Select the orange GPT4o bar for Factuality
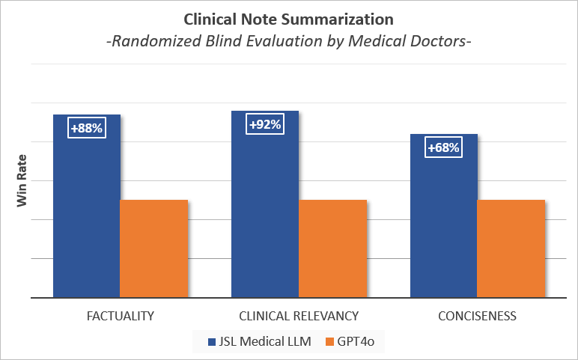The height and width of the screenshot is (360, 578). pos(153,248)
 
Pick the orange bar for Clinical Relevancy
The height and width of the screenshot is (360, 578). pos(332,248)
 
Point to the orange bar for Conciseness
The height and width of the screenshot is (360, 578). pos(511,248)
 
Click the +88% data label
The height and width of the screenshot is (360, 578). pos(86,128)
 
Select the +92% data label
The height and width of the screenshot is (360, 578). pos(264,124)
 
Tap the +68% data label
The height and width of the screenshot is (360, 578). pos(443,147)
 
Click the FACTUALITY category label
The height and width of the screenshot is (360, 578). pos(120,316)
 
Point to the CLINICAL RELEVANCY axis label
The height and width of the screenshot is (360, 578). pos(299,316)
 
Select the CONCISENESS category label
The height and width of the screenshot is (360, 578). pos(477,316)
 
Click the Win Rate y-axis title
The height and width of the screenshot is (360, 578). pos(22,180)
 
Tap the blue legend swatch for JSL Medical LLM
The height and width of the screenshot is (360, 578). pos(212,342)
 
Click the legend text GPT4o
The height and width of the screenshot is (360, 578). pos(357,342)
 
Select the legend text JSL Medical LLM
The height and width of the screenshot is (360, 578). pos(264,342)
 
